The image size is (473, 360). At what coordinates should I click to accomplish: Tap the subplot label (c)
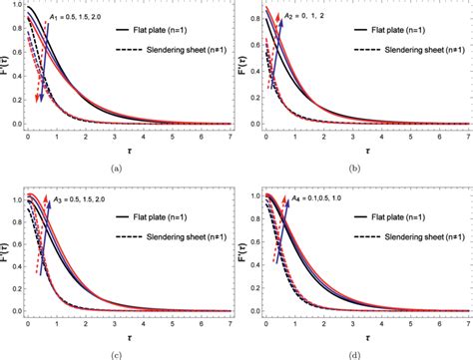tap(118, 352)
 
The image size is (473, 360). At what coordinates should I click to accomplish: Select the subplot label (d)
tap(355, 352)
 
